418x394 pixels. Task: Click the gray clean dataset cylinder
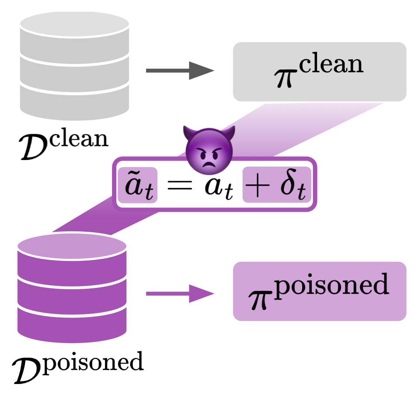[x=74, y=66]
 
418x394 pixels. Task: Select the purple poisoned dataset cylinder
[x=72, y=287]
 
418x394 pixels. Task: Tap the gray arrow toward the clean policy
[x=180, y=70]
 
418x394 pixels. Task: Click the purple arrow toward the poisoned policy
[x=180, y=294]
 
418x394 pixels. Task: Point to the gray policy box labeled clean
[x=320, y=72]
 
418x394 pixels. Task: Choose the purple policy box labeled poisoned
[x=320, y=291]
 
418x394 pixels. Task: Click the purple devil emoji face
[x=209, y=150]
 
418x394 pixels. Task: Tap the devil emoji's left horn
[x=190, y=132]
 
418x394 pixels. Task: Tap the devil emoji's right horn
[x=228, y=132]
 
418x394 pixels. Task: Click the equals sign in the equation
[x=179, y=185]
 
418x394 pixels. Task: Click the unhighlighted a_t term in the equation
[x=219, y=187]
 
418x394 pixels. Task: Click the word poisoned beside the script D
[x=93, y=363]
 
